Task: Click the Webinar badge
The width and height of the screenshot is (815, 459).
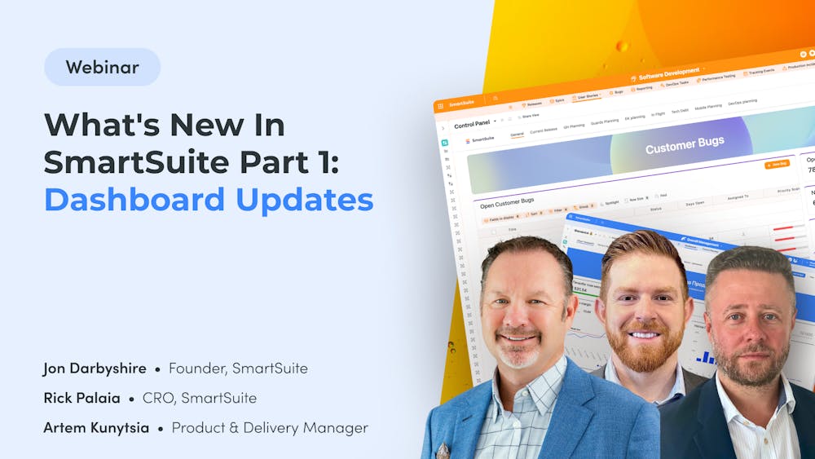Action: (x=102, y=68)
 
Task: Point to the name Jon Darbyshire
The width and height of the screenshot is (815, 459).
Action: (x=95, y=369)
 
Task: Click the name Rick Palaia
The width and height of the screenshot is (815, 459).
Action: (x=81, y=398)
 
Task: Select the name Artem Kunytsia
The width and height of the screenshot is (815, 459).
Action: (x=96, y=427)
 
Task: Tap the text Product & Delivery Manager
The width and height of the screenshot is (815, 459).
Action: (x=270, y=427)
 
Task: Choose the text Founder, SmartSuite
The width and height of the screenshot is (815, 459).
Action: (x=238, y=369)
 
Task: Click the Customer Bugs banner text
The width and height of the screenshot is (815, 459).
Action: (x=685, y=148)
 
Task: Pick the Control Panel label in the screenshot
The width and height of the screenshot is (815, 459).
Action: (x=472, y=125)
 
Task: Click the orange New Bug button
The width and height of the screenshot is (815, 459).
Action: (x=776, y=164)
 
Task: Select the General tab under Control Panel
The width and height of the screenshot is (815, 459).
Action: (x=517, y=135)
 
